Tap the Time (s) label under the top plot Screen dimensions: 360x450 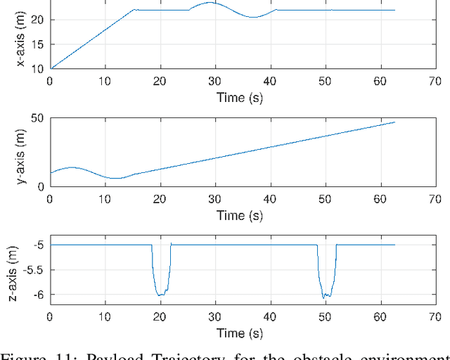239,98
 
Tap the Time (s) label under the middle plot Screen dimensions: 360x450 239,215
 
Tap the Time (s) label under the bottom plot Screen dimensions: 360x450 239,333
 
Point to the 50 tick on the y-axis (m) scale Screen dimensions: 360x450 37,118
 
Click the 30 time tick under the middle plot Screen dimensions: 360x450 214,200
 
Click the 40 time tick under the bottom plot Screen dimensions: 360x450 269,317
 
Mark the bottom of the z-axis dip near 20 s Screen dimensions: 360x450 160,295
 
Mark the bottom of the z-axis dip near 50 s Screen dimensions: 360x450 324,297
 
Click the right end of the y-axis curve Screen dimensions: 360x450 394,122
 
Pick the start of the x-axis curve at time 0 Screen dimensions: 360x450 50,69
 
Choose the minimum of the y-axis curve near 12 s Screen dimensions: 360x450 116,179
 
